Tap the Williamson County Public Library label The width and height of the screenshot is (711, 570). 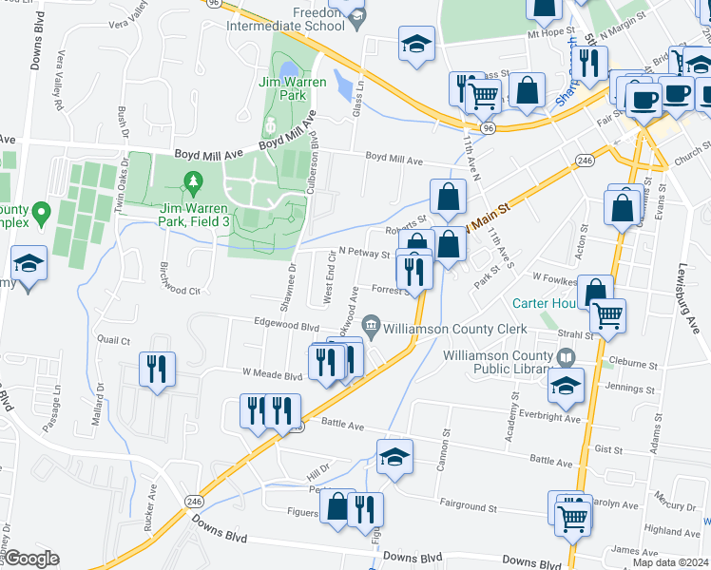pyautogui.click(x=497, y=362)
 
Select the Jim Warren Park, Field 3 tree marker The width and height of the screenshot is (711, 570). pyautogui.click(x=194, y=180)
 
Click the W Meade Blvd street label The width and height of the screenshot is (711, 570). pyautogui.click(x=272, y=374)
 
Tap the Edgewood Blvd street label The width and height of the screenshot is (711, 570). pyautogui.click(x=286, y=325)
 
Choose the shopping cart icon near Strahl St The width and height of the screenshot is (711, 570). pyautogui.click(x=607, y=315)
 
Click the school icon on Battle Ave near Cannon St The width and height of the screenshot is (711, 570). pyautogui.click(x=395, y=456)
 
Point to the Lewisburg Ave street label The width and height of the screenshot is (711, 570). pyautogui.click(x=697, y=299)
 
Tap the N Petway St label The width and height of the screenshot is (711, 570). pyautogui.click(x=365, y=254)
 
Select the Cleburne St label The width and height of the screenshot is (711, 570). pyautogui.click(x=635, y=364)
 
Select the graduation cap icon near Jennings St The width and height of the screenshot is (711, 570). pyautogui.click(x=566, y=386)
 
